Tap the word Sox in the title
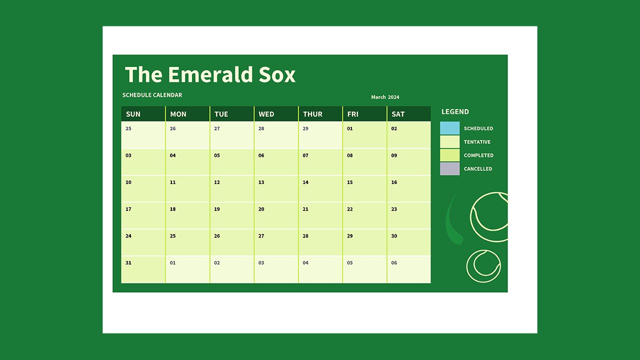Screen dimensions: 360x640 point(277,74)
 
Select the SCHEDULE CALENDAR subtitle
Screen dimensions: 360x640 point(152,95)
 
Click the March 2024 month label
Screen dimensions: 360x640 point(385,97)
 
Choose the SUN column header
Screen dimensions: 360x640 point(133,114)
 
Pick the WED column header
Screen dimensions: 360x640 point(266,114)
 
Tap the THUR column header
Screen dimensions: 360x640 point(312,114)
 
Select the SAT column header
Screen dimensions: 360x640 point(398,114)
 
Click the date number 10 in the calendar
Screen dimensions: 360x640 point(128,182)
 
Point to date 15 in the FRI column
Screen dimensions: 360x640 point(350,182)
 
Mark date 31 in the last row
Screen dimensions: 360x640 point(128,262)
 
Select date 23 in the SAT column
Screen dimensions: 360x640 point(394,209)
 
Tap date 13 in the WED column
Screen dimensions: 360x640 point(261,182)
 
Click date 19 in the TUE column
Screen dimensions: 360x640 point(217,209)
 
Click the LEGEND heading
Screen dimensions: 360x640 point(455,111)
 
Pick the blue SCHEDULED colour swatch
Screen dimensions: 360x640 point(449,128)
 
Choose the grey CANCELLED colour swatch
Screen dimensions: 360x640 point(449,169)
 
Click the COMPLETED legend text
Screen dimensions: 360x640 point(478,155)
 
